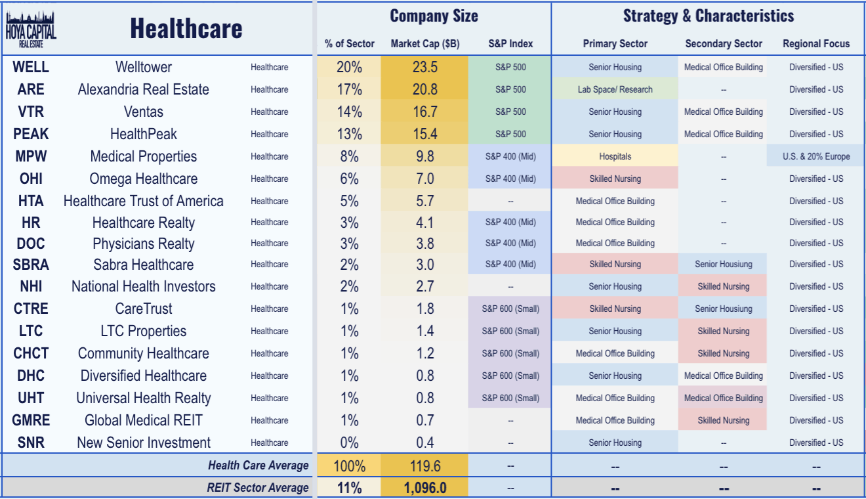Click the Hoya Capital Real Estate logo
click(x=31, y=29)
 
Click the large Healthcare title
click(x=186, y=29)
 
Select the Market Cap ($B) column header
click(x=424, y=44)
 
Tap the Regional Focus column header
click(x=815, y=44)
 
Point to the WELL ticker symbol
click(x=31, y=67)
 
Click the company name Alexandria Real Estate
click(x=143, y=89)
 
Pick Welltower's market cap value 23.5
click(x=424, y=67)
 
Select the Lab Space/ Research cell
click(x=615, y=89)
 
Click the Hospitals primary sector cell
click(x=615, y=156)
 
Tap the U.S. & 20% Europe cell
click(x=815, y=156)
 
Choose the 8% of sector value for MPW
click(x=349, y=156)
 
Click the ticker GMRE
click(x=31, y=420)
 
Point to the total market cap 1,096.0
click(x=424, y=487)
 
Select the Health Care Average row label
click(x=258, y=466)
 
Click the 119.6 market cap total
click(x=424, y=466)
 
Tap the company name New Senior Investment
click(x=143, y=443)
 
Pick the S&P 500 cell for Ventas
click(x=510, y=112)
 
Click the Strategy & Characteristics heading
click(x=708, y=16)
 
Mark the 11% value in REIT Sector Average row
click(x=349, y=487)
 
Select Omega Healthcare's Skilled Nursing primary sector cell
click(x=615, y=179)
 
